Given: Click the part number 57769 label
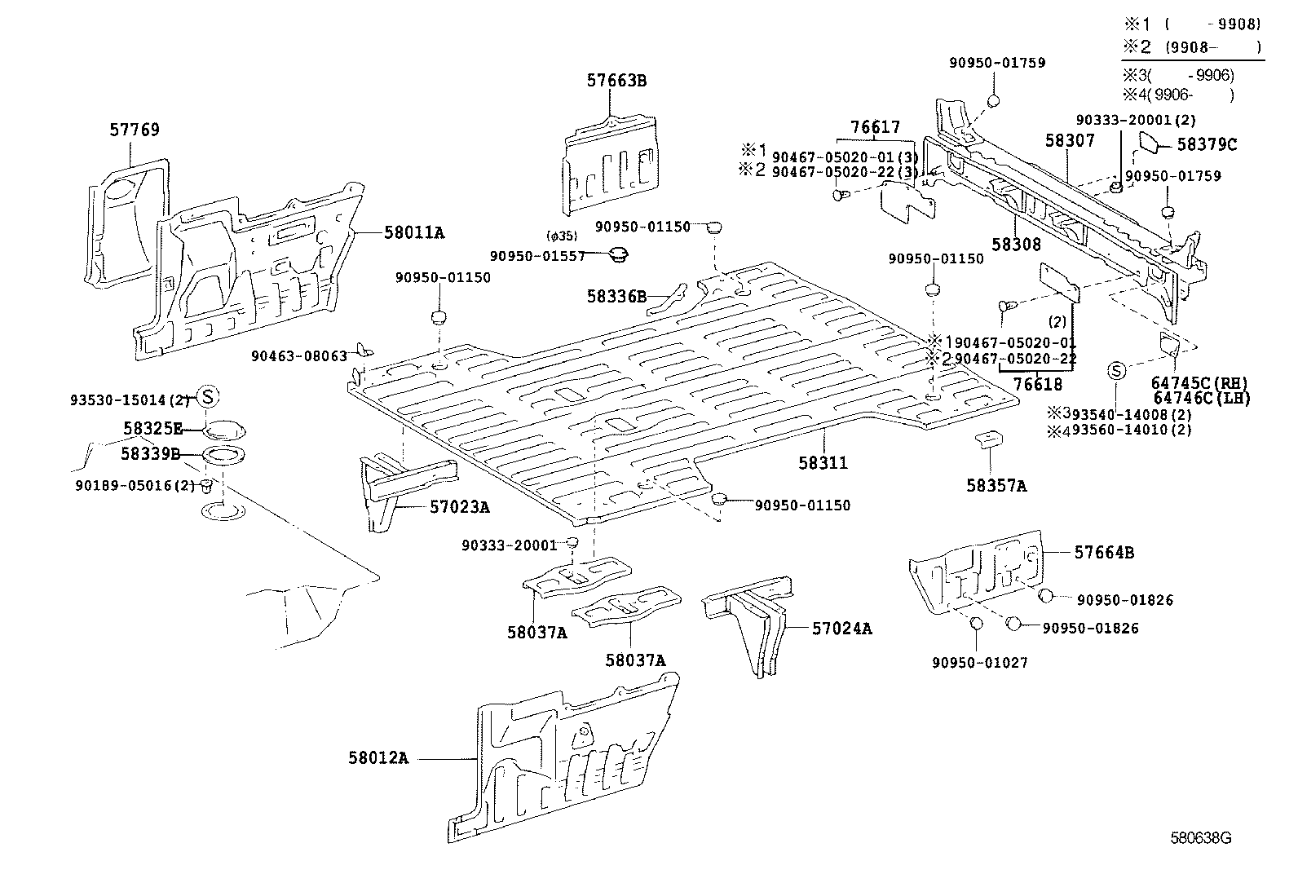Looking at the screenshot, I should click(x=135, y=130).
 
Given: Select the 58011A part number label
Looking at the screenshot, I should click(x=414, y=232).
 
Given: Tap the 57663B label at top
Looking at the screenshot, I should click(x=616, y=80).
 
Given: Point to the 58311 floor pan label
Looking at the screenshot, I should click(x=823, y=463).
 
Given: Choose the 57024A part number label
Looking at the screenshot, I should click(x=841, y=628).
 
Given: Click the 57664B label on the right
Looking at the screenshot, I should click(x=1104, y=552).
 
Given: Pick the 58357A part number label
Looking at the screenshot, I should click(x=996, y=486).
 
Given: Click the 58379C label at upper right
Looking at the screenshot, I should click(x=1207, y=144).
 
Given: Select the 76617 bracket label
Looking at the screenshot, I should click(x=875, y=126).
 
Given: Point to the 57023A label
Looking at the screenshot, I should click(x=460, y=507).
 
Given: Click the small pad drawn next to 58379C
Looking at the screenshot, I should click(x=1149, y=143).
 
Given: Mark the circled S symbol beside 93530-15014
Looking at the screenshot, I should click(x=207, y=396).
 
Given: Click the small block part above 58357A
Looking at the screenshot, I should click(x=989, y=440).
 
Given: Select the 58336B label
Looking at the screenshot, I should click(x=616, y=296).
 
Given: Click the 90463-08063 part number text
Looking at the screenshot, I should click(x=299, y=355).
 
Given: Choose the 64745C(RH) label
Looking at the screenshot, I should click(x=1199, y=383).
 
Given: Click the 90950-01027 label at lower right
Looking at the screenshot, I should click(x=980, y=662).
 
